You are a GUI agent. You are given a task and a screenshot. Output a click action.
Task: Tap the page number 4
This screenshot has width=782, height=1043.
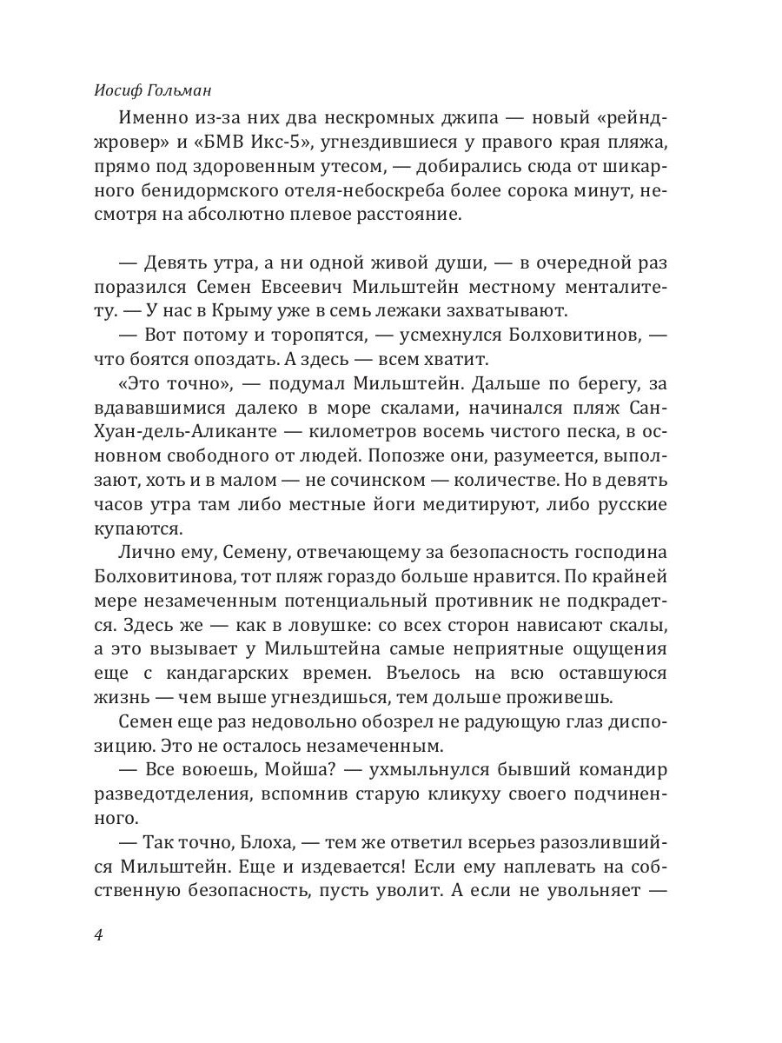[97, 936]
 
